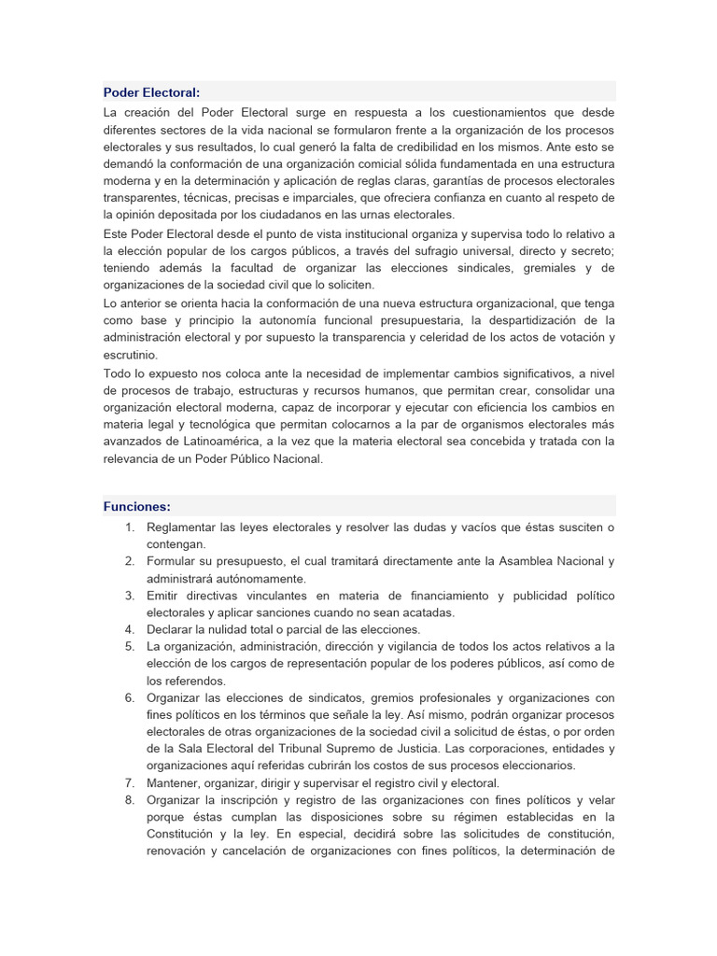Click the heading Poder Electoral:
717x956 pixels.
point(151,91)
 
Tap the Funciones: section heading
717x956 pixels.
point(136,506)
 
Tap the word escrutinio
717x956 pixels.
point(131,355)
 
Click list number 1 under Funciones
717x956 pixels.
point(129,527)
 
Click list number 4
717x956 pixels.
point(129,629)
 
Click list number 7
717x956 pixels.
point(129,782)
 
